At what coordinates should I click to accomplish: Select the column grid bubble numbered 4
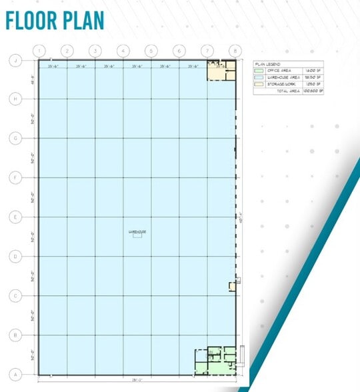(123, 50)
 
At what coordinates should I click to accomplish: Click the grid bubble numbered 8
(235, 50)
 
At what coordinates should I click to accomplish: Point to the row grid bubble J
(13, 60)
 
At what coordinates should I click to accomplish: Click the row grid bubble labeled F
(13, 177)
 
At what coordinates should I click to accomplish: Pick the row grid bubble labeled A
(13, 374)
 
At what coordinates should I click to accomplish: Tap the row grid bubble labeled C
(13, 295)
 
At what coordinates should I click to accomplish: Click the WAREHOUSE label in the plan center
(137, 232)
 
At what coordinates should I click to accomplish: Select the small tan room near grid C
(233, 286)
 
